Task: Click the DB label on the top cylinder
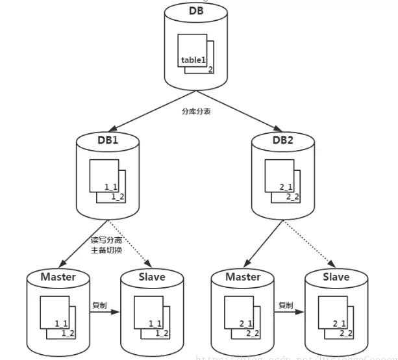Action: point(195,11)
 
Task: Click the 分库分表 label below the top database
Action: point(195,111)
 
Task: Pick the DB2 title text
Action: point(283,139)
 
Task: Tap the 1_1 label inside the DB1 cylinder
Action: point(111,186)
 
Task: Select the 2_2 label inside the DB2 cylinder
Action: point(292,197)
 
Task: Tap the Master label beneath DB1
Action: point(58,277)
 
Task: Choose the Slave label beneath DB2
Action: point(336,277)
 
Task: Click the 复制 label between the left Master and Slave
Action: point(99,305)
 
